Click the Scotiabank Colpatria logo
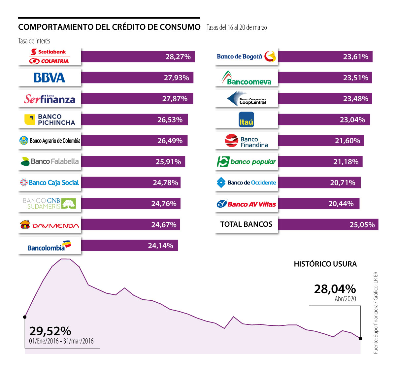tap(49, 56)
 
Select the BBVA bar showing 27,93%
tap(137, 78)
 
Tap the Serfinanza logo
tap(49, 99)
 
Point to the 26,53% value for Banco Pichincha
tap(170, 119)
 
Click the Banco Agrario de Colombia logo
tap(49, 141)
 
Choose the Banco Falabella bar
tap(133, 162)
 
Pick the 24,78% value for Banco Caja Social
tap(165, 183)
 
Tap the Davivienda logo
tap(49, 225)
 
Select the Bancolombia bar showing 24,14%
tap(129, 246)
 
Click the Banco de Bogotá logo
tap(246, 56)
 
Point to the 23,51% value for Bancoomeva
tap(355, 78)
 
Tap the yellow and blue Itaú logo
tap(246, 119)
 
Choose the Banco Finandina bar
tap(321, 141)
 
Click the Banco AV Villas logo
tap(246, 204)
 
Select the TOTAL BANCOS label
tap(246, 224)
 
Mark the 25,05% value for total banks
tap(362, 225)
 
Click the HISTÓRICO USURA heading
tap(325, 264)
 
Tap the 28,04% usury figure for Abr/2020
tap(335, 289)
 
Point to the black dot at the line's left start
tap(25, 317)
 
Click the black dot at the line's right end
tap(360, 338)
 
